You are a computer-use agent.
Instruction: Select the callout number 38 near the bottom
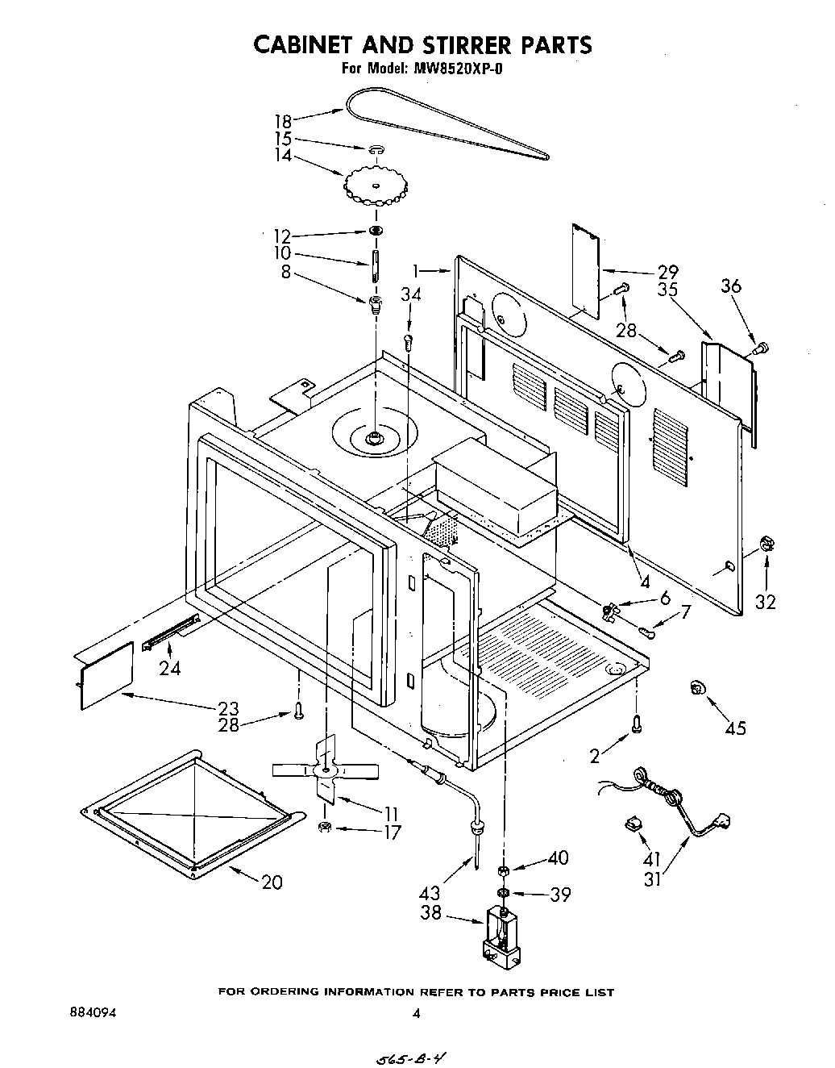pyautogui.click(x=431, y=913)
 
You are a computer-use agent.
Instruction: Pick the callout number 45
pyautogui.click(x=734, y=728)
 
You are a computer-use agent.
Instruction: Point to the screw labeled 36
pyautogui.click(x=760, y=348)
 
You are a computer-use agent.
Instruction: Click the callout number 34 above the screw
pyautogui.click(x=410, y=295)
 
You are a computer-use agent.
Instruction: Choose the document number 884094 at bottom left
pyautogui.click(x=93, y=1014)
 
